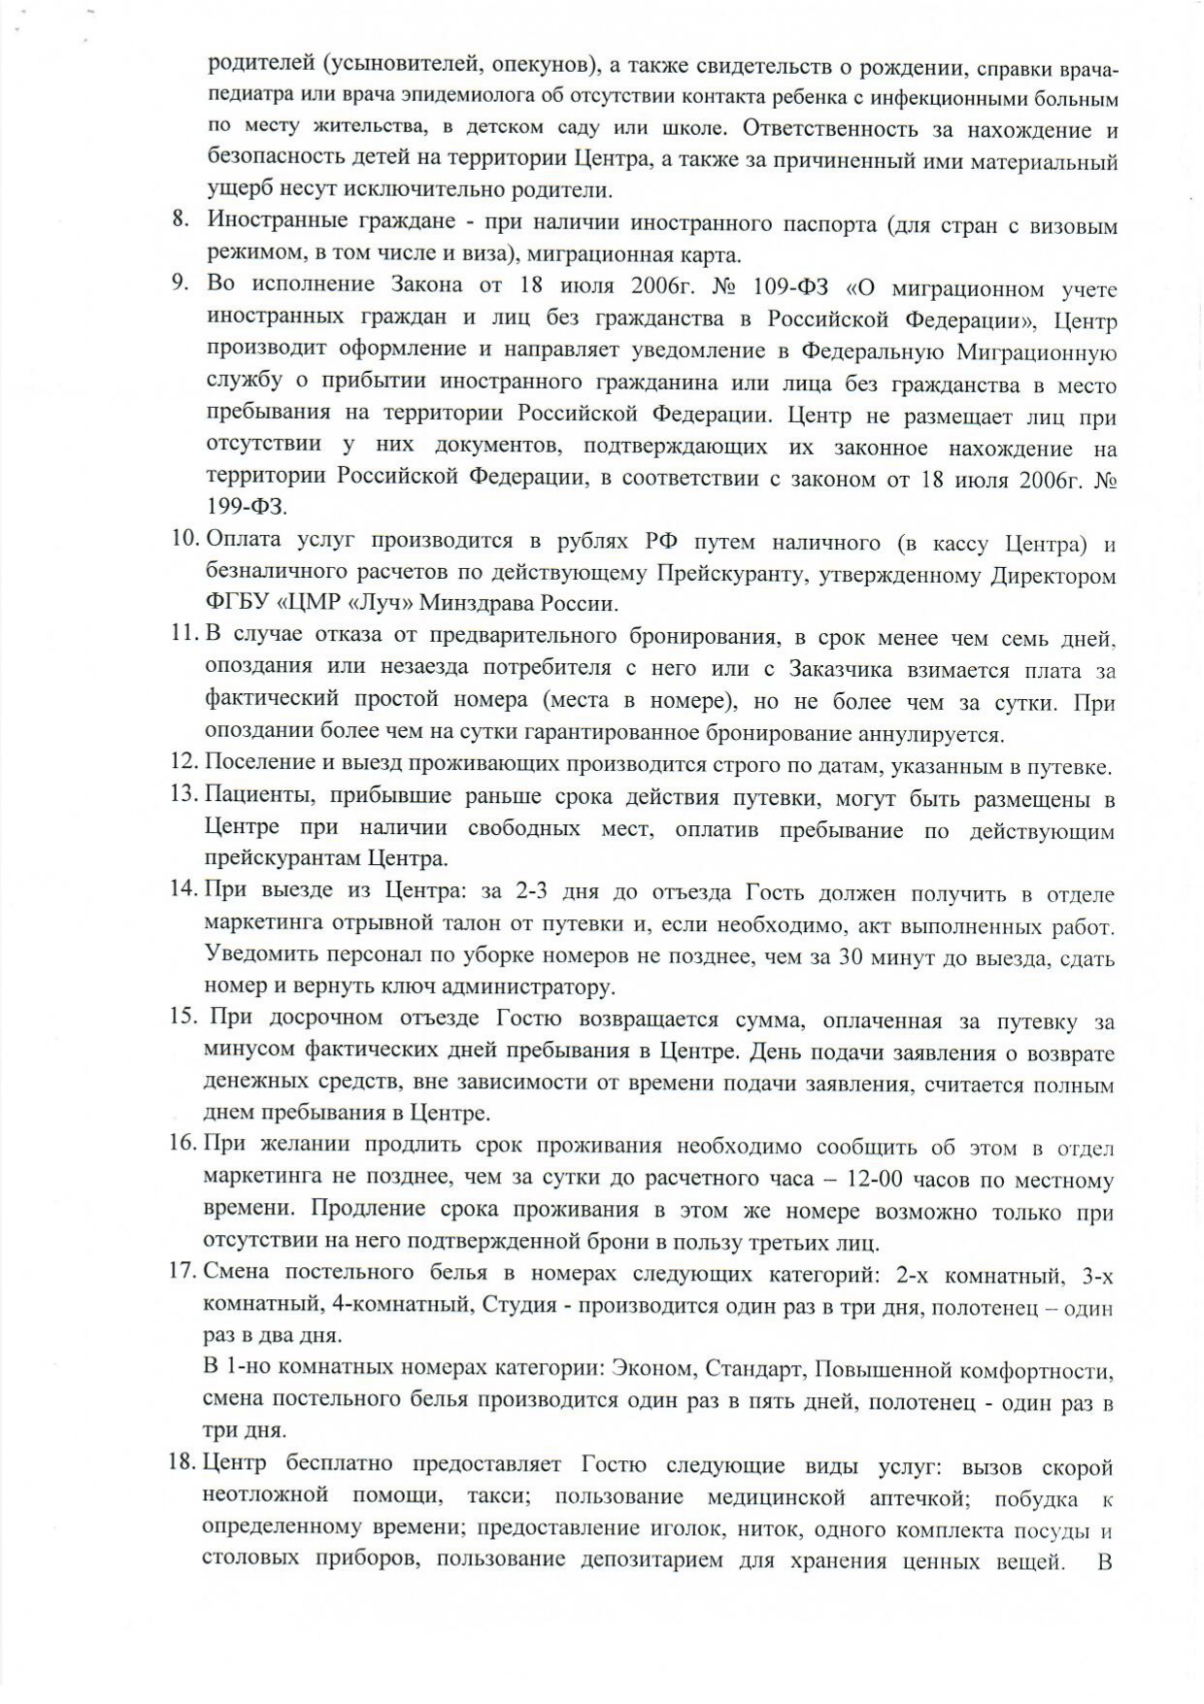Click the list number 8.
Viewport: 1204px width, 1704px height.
pyautogui.click(x=180, y=218)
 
